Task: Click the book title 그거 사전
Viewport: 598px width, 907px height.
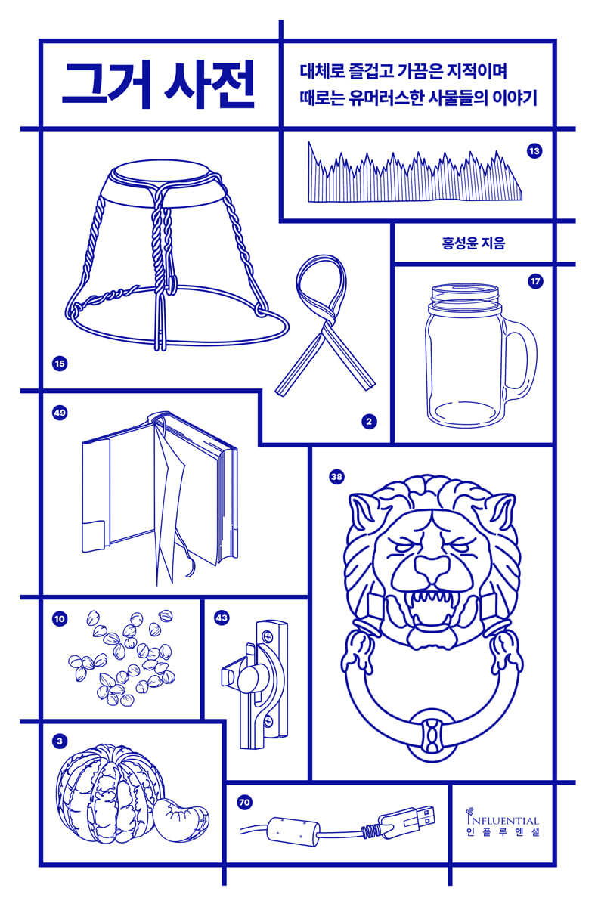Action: (x=158, y=84)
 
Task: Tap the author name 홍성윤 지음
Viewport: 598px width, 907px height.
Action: (x=473, y=243)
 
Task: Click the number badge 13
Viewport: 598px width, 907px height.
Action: (x=534, y=151)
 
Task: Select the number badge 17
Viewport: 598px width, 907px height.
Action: (x=535, y=281)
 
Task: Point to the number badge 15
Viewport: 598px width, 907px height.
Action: (x=60, y=364)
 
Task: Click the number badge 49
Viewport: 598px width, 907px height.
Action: (x=60, y=413)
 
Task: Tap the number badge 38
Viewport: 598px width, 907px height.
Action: (x=336, y=477)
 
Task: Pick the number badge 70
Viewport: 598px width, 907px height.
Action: (x=244, y=802)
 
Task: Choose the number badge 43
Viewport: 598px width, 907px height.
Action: (x=222, y=618)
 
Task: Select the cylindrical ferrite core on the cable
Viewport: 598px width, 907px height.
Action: (x=293, y=831)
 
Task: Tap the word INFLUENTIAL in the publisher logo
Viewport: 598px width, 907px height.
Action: (x=503, y=820)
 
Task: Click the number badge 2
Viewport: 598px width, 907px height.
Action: (x=369, y=422)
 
